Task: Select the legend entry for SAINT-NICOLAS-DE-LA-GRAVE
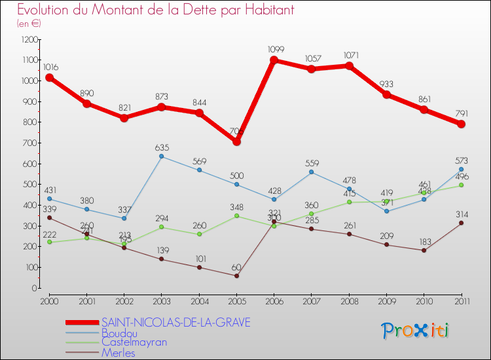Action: (175, 323)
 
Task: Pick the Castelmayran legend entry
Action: (134, 342)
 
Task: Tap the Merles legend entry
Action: (118, 353)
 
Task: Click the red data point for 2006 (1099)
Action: (274, 60)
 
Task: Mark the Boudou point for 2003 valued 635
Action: (162, 156)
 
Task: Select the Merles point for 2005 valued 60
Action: (236, 276)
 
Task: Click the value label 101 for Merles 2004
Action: (199, 258)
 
